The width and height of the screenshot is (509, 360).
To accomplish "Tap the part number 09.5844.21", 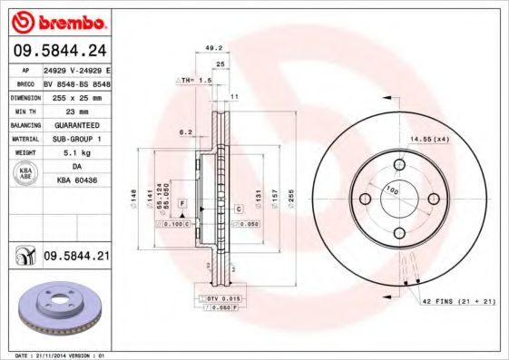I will (x=76, y=258).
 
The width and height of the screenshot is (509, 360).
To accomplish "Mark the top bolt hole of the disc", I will (x=398, y=165).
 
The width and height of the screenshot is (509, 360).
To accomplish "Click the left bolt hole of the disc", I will (x=365, y=199).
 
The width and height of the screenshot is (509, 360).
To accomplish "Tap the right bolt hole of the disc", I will (x=433, y=199).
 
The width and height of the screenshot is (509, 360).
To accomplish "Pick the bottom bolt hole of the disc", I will (x=398, y=233).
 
